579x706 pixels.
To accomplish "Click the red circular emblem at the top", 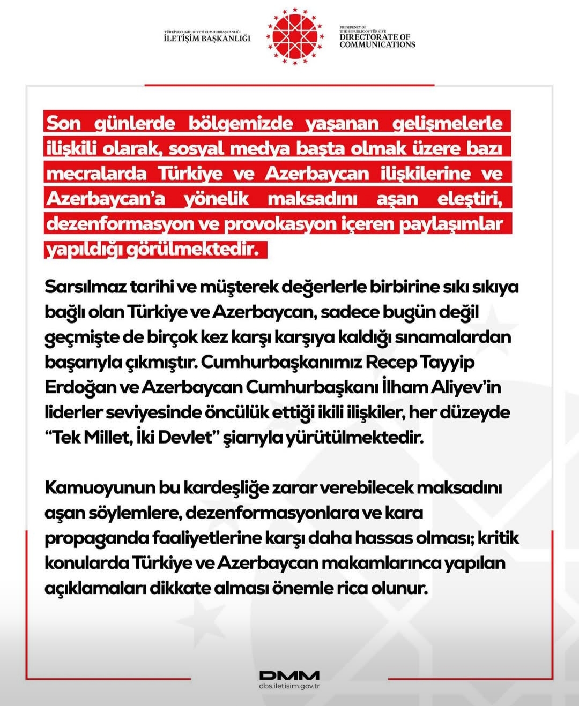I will click(295, 36).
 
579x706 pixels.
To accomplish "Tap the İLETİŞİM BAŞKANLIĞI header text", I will click(207, 38).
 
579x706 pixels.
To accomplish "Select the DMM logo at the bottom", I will click(289, 675).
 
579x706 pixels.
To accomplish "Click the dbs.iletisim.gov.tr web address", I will click(289, 686).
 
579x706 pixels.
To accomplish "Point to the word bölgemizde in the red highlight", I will click(241, 123).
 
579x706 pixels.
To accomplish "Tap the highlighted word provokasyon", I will click(280, 224).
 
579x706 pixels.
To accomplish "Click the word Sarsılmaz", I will click(86, 287).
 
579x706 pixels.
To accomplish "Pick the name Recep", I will click(391, 362).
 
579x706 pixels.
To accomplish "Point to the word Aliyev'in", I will click(466, 387).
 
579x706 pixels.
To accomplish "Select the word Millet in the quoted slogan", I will click(107, 438).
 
